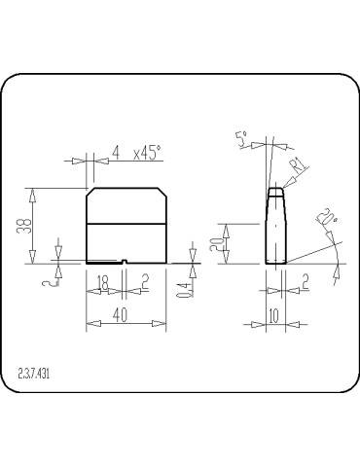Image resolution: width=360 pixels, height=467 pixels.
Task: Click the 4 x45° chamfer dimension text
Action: [136, 153]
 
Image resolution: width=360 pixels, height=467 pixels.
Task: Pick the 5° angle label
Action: [241, 139]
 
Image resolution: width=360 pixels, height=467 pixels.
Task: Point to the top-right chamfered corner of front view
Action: [162, 193]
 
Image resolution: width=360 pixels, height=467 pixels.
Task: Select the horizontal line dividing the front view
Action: [126, 225]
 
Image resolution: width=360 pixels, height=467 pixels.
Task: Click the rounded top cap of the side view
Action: [275, 191]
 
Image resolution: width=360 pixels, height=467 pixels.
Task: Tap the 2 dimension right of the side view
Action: [304, 282]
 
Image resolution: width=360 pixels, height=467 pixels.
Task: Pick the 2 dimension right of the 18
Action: [145, 282]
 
